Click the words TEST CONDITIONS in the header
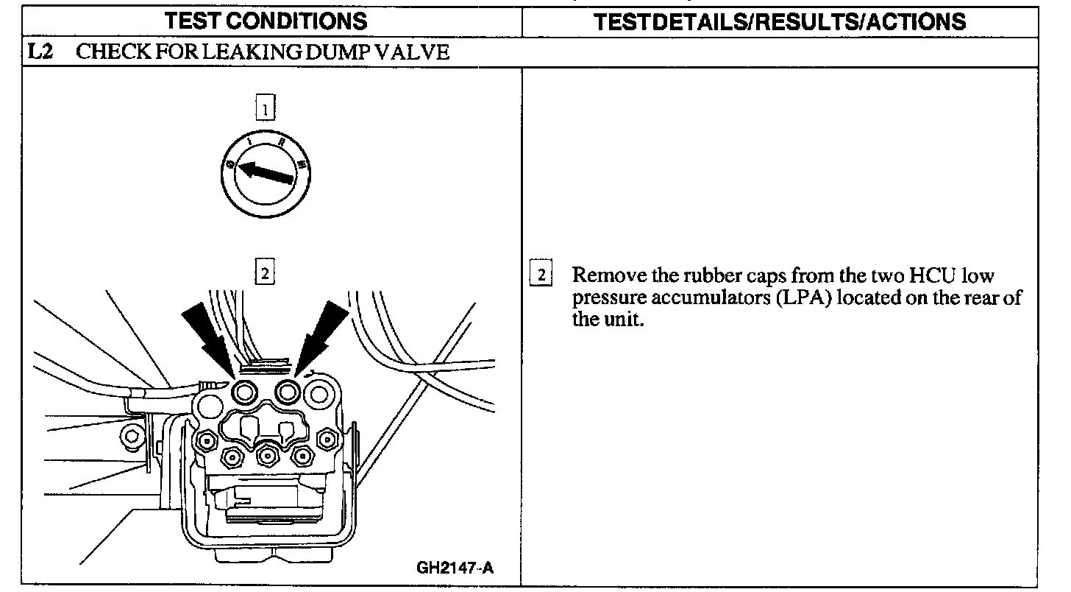[x=266, y=21]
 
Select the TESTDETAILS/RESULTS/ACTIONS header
[x=780, y=21]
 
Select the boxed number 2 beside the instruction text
[x=541, y=276]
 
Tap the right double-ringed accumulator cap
[x=287, y=393]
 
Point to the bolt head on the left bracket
[x=132, y=436]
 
